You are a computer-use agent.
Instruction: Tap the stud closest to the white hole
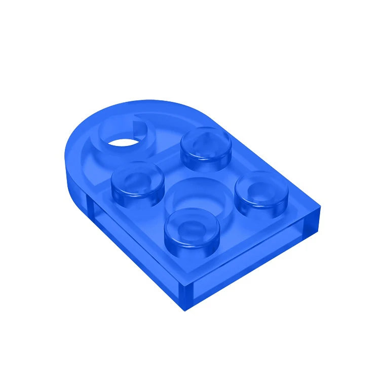click(137, 180)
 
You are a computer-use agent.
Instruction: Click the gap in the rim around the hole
click(138, 120)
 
